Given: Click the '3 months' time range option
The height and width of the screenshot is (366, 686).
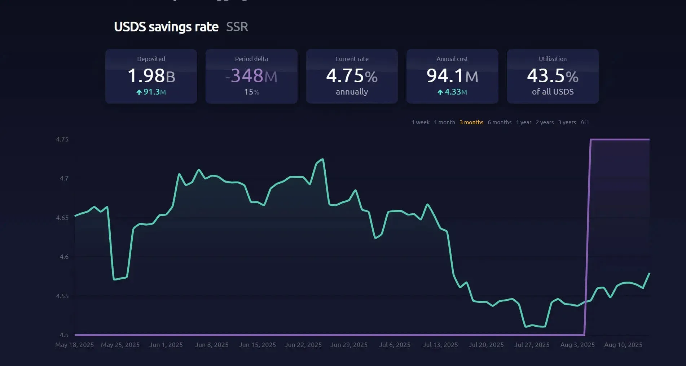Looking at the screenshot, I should pos(471,122).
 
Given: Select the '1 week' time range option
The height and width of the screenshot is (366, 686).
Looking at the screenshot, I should pos(420,122).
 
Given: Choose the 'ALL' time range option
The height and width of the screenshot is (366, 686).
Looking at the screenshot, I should pos(585,122).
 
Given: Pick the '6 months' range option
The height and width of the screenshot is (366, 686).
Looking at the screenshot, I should pos(499,122).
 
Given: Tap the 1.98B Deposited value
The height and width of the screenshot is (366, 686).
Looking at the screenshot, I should pos(151,76).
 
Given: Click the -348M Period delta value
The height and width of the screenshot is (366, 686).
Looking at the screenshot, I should pos(251,76).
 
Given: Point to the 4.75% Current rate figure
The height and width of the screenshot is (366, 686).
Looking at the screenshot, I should pos(352,76).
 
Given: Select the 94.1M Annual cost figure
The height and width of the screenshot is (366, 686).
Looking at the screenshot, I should pos(452,76).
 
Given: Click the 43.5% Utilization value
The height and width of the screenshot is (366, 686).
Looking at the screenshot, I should pos(553,76).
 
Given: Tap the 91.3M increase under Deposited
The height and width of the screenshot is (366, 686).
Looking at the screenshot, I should pos(151,92).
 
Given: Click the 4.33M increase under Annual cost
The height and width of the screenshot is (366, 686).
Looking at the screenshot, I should pos(452,92).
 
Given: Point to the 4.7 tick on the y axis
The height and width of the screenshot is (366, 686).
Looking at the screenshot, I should pos(64,178).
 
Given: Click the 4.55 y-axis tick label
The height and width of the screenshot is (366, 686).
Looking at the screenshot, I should pos(62,296).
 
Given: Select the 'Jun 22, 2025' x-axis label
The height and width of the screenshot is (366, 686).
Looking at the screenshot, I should pos(303,345).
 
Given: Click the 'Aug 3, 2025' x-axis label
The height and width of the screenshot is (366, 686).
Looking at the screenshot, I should pos(577,345).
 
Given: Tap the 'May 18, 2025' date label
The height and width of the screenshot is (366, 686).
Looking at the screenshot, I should pos(74,345).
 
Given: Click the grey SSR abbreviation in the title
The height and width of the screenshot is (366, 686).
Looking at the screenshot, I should pos(237,27).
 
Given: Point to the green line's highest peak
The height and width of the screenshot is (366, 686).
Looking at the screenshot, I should pos(322,159).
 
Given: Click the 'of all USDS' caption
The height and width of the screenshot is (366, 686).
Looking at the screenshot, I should pos(553,92).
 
